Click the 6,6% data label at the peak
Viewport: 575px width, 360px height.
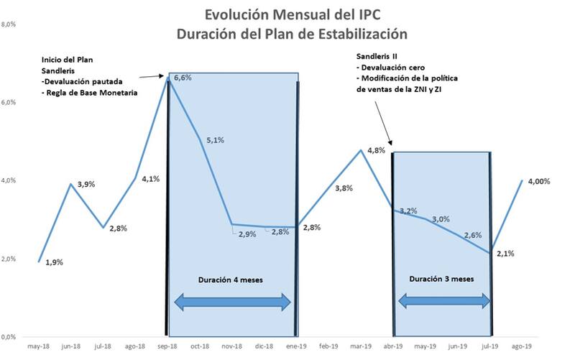pos(182,78)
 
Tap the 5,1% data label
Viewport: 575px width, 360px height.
pos(215,140)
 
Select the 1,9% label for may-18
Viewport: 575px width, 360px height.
pos(54,262)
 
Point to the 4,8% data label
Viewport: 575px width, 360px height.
pos(377,150)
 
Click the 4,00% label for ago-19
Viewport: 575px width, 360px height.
pos(538,182)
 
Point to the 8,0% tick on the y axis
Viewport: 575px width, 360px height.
pos(9,24)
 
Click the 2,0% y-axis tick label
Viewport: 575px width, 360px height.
pos(9,259)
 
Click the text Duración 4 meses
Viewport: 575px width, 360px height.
pos(232,278)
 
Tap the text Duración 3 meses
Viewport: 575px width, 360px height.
pos(442,278)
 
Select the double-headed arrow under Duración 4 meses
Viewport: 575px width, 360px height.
pos(233,303)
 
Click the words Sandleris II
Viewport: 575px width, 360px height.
pos(377,56)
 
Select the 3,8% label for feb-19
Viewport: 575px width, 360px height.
pos(344,188)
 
